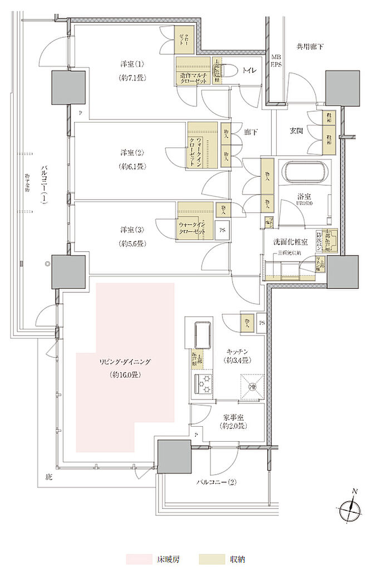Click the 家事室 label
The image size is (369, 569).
pyautogui.click(x=233, y=416)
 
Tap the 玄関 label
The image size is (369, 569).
pyautogui.click(x=295, y=131)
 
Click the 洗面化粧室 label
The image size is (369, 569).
pyautogui.click(x=288, y=243)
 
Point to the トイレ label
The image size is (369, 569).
pyautogui.click(x=247, y=71)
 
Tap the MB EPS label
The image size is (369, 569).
pyautogui.click(x=276, y=61)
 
